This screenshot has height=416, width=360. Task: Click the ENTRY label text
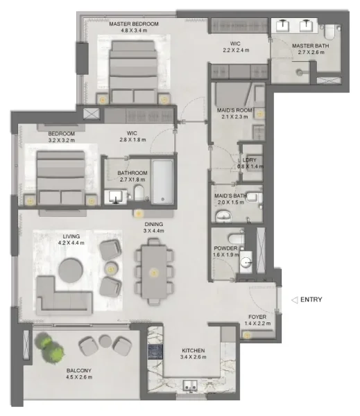(x=311, y=300)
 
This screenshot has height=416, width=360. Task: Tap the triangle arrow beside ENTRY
(x=294, y=300)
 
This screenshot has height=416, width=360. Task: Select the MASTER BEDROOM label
(x=134, y=24)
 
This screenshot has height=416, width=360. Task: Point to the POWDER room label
(x=226, y=248)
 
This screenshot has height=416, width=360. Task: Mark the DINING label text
(x=153, y=225)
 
